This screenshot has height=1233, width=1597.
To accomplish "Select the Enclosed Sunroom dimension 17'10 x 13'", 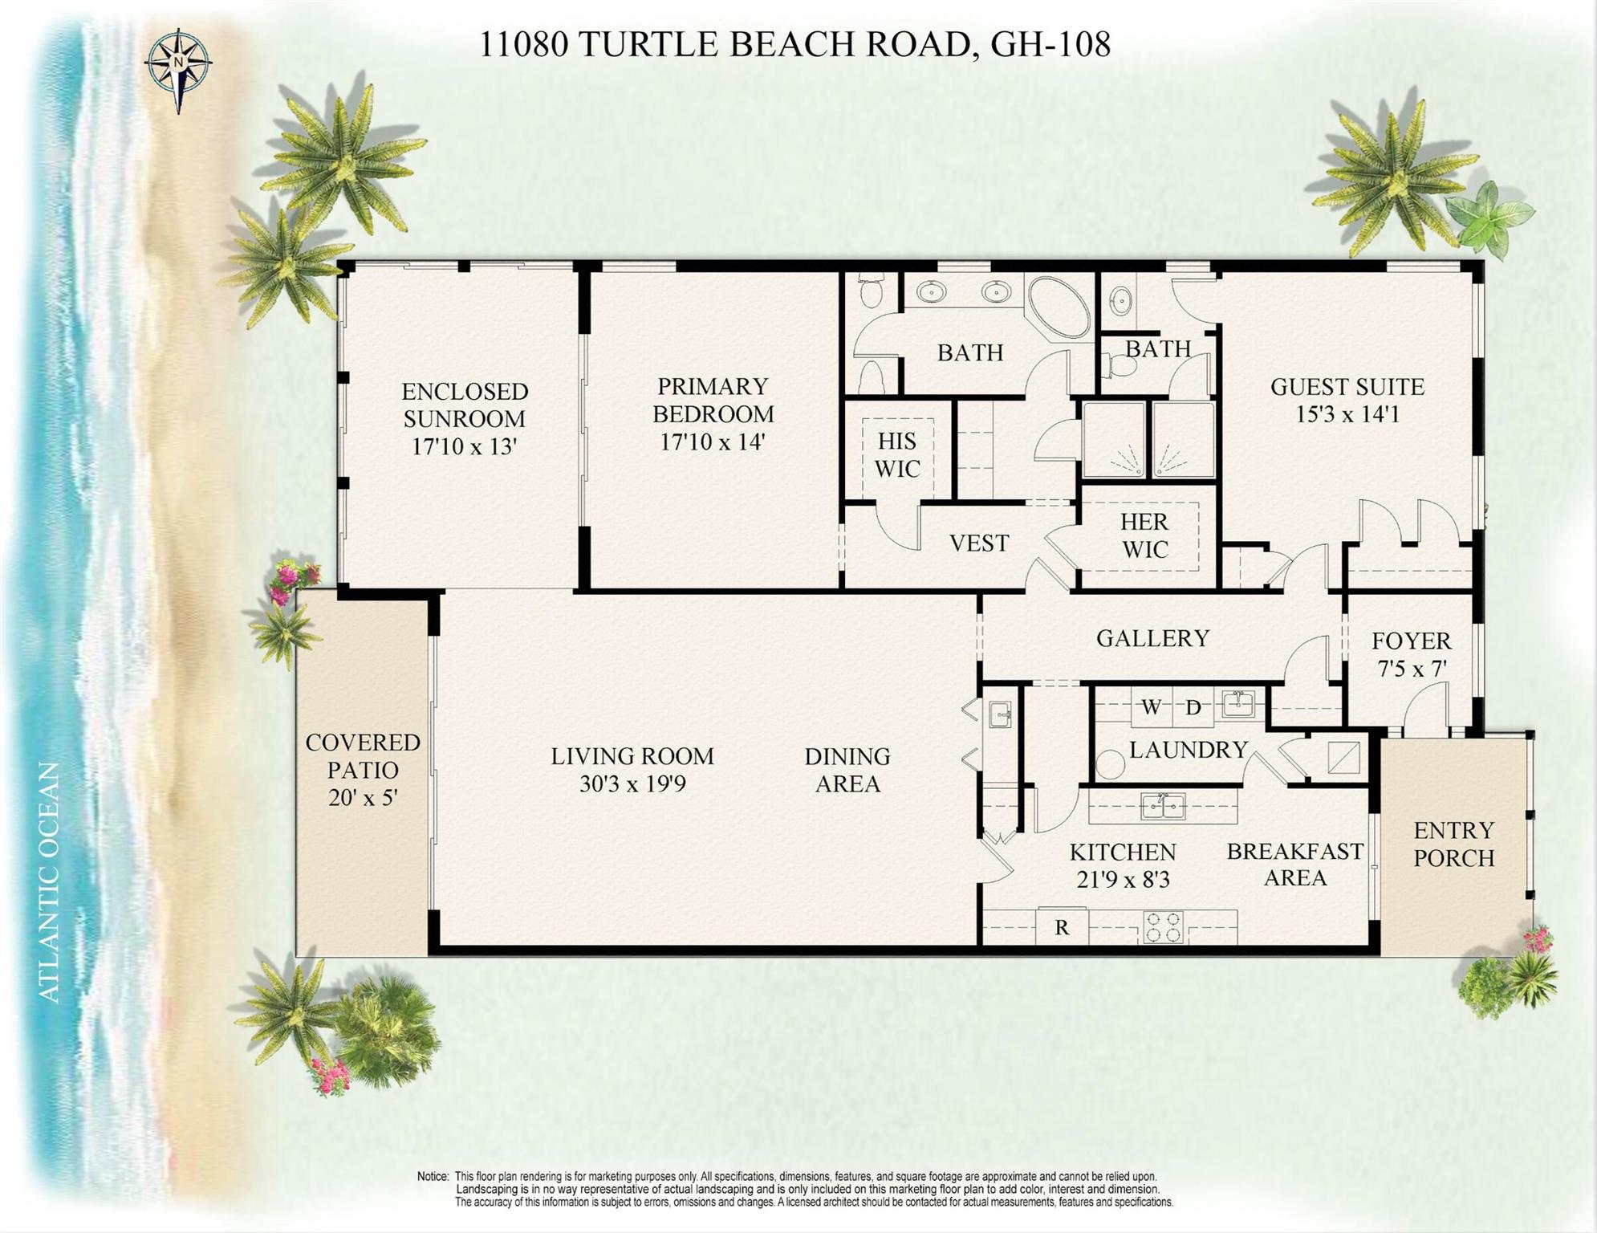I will point(464,446).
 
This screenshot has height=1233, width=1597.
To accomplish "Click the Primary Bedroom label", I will point(713,400).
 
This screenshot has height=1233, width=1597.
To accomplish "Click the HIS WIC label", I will point(896,454).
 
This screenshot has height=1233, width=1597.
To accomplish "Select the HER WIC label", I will point(1144,535).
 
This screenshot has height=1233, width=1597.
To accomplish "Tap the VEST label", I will point(978,543).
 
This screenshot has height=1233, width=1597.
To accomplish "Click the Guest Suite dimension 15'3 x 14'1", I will point(1347,414).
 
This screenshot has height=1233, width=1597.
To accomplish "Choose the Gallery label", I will point(1152,638).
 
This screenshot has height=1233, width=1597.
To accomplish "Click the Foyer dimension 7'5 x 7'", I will point(1412,669).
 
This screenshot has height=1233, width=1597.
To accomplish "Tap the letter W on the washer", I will point(1151,707).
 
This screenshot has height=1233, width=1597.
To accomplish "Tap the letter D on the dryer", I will point(1193,707).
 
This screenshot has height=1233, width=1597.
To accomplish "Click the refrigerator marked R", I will point(1062,928).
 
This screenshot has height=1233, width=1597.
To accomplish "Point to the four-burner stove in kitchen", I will point(1163,927).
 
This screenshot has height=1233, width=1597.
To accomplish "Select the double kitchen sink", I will point(1163,805).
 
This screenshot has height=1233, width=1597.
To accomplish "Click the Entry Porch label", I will point(1453,844).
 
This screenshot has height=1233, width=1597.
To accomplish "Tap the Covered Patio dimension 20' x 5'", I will point(363,798).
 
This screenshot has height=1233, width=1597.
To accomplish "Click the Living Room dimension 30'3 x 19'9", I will point(632,783).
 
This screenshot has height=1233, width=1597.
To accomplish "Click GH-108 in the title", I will point(1050,44).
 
